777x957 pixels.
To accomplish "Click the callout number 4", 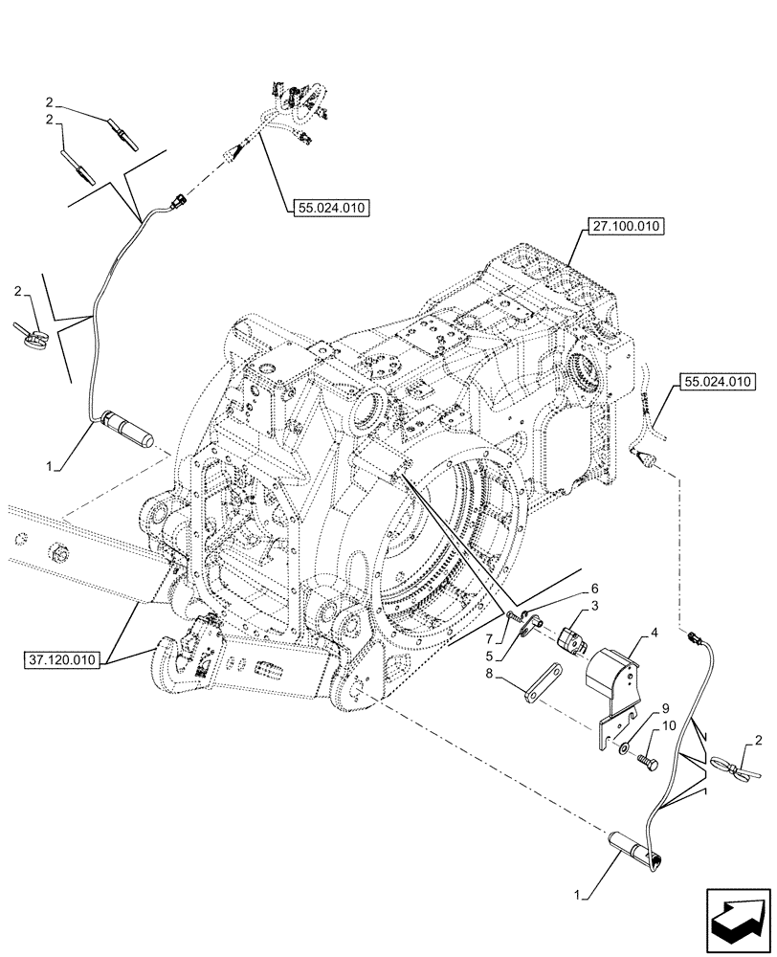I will (654, 633).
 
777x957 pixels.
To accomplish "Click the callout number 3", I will (594, 607).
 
